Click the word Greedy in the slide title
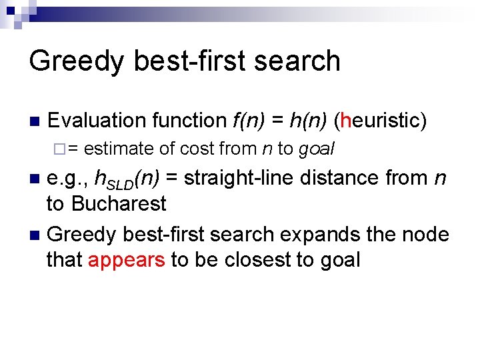tap(75, 61)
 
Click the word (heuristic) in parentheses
tap(381, 121)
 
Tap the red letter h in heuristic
tap(345, 121)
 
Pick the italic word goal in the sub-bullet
tap(316, 149)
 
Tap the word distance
tap(353, 178)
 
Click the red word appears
tap(126, 259)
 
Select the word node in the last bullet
tap(426, 234)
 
